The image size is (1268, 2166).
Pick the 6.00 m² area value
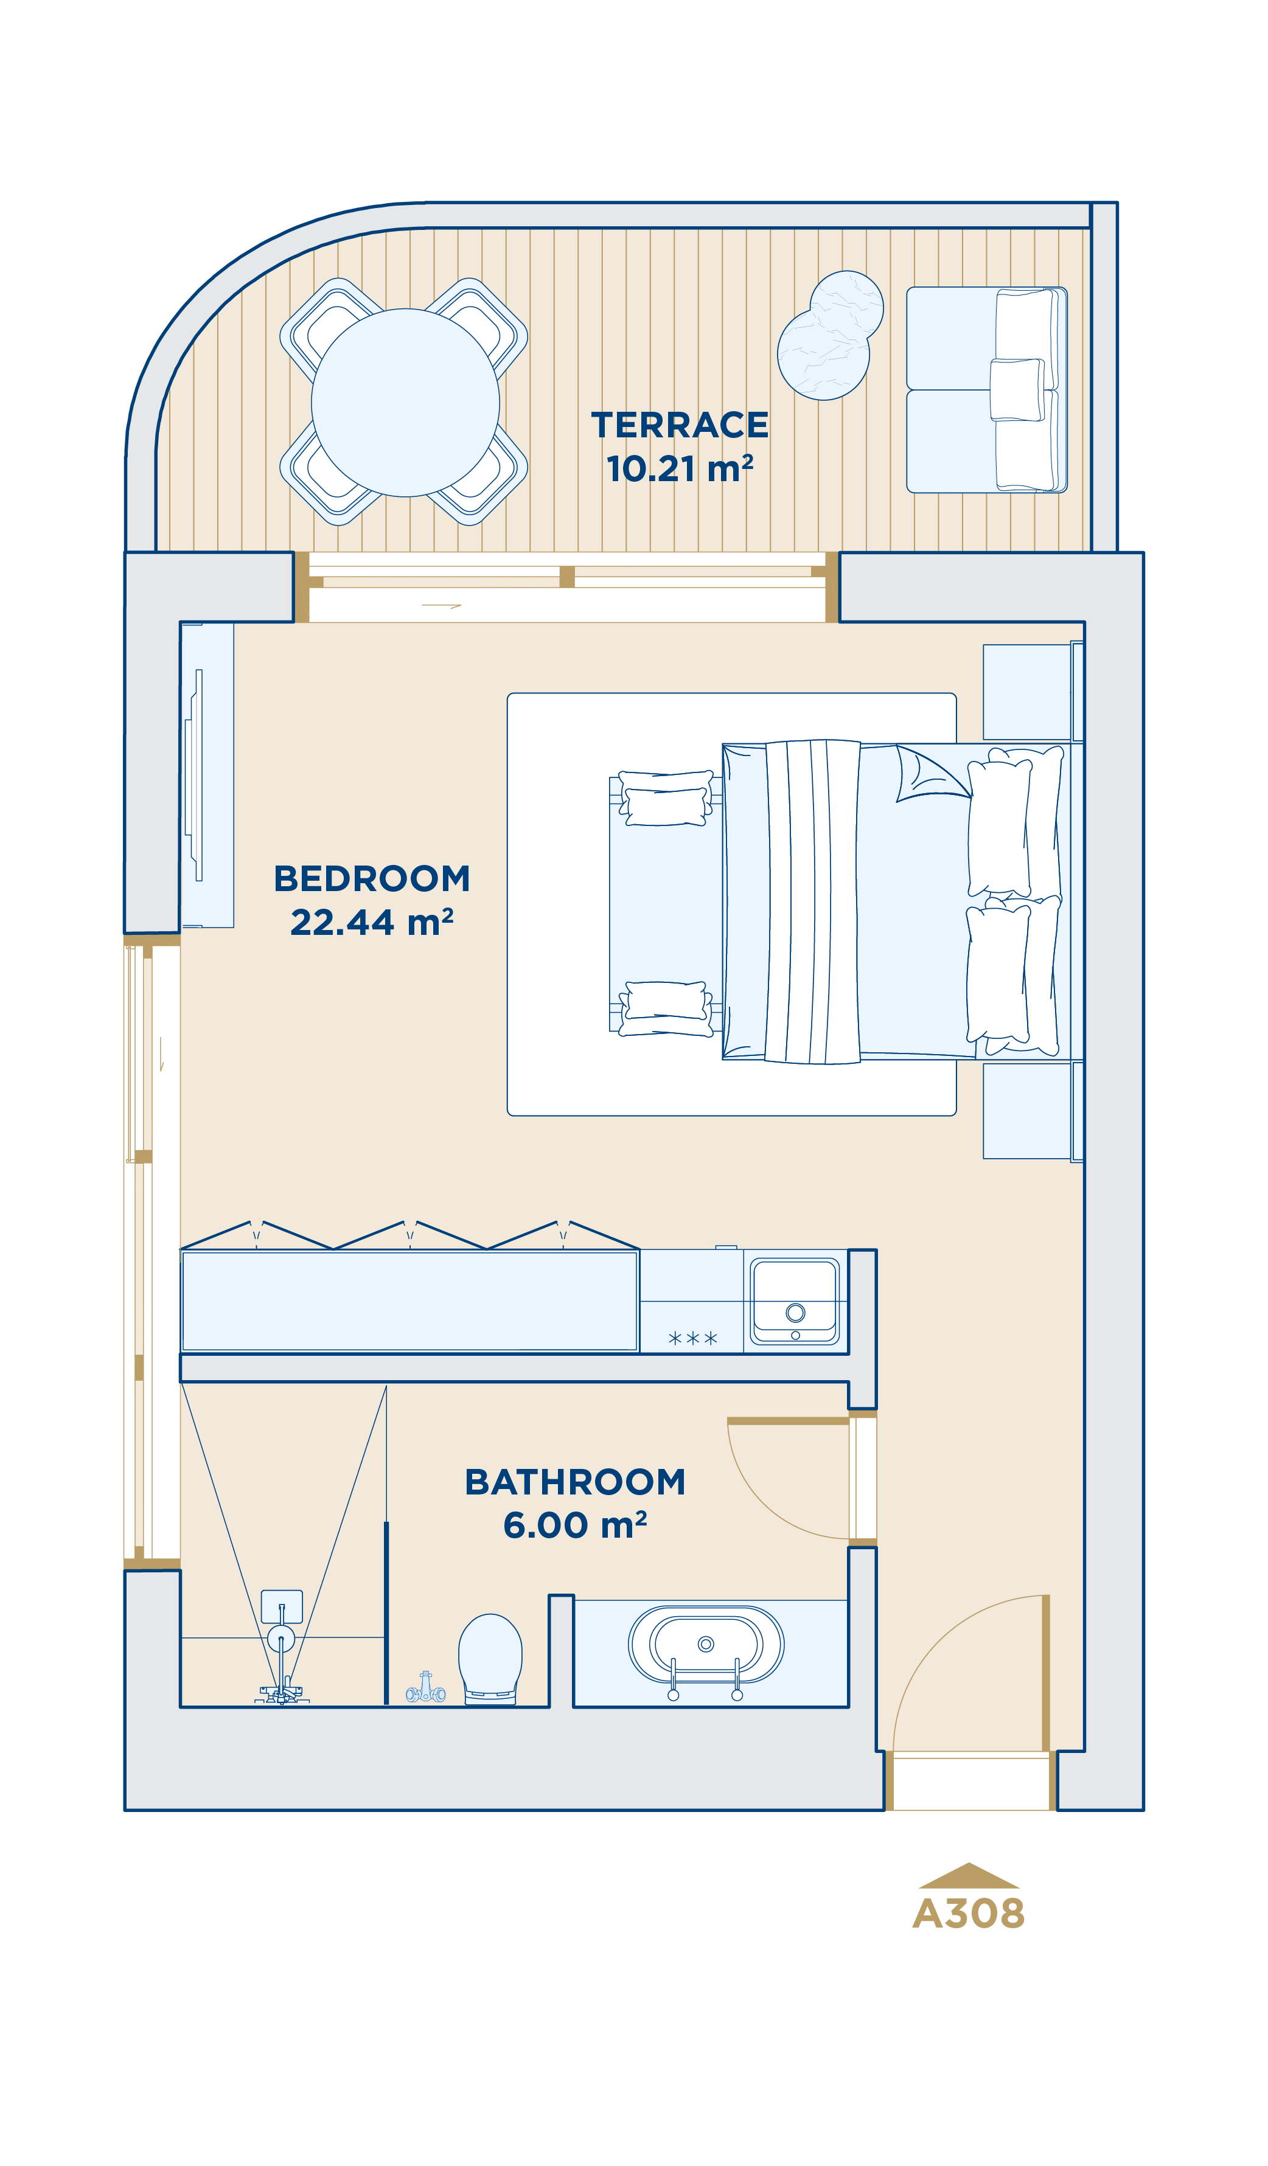(x=575, y=1526)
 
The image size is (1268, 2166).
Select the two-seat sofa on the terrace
(x=987, y=389)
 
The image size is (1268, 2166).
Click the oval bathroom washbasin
(x=706, y=1644)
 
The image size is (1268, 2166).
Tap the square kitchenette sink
(x=795, y=1301)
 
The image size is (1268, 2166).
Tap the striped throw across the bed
(x=812, y=901)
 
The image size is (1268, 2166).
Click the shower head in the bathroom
(x=281, y=1638)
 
